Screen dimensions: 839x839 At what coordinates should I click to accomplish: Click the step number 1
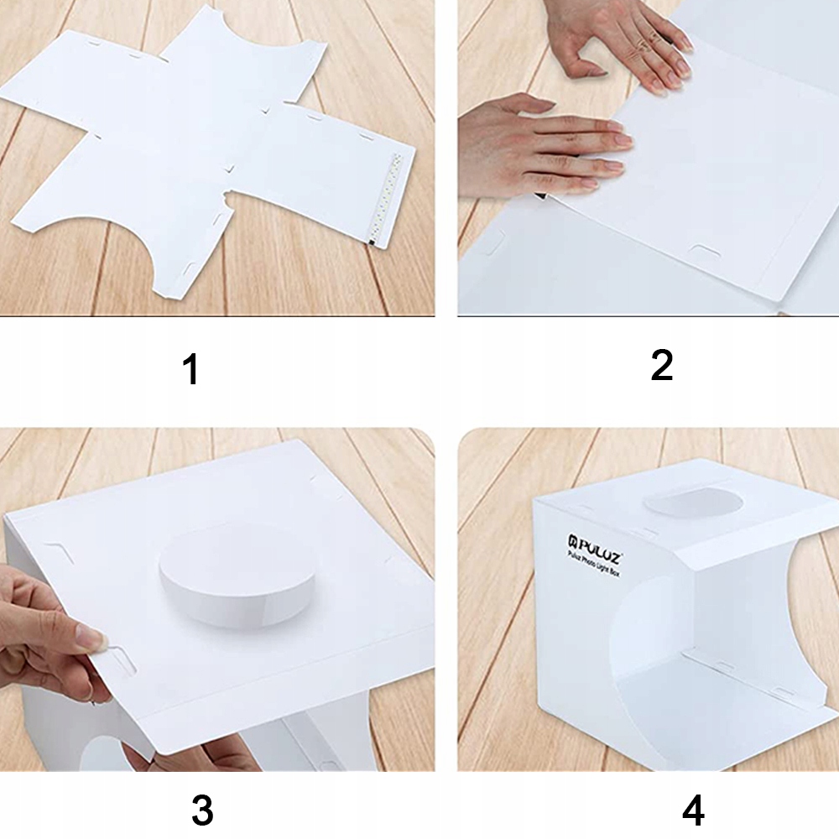pos(190,369)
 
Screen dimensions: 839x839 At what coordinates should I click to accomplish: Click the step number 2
pos(661,366)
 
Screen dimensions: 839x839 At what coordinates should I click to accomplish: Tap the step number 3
pos(202,810)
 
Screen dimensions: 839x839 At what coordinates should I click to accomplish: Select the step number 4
pos(693,810)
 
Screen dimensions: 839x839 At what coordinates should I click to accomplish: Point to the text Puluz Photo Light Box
pos(593,564)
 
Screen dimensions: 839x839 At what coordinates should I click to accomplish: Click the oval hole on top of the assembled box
pos(694,503)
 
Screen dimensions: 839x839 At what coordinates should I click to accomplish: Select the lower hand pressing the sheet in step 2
pos(540,147)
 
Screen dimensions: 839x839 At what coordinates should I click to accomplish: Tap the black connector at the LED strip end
pos(371,242)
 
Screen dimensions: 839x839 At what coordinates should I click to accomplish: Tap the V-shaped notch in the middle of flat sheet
pos(229,169)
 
